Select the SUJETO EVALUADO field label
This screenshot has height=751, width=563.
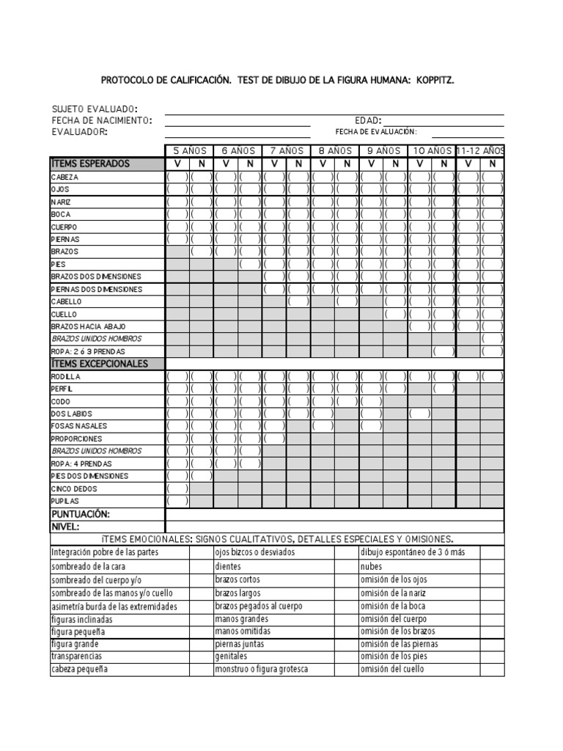[x=94, y=109]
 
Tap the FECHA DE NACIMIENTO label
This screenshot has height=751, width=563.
[x=102, y=120]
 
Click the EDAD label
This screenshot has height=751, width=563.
[x=368, y=120]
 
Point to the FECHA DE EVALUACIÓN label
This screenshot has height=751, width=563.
[x=376, y=132]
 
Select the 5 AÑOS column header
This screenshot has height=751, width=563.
[x=189, y=150]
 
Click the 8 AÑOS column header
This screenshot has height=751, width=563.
[x=335, y=150]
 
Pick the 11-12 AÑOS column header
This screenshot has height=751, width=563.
[x=480, y=150]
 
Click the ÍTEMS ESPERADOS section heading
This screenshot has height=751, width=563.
[x=90, y=164]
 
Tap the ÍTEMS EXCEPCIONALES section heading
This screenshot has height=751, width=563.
[x=99, y=364]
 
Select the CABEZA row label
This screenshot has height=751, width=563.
[x=65, y=177]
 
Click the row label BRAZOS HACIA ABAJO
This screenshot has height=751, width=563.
[x=88, y=326]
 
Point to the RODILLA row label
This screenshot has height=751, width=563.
[x=67, y=377]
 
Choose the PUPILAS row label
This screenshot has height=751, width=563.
[x=65, y=501]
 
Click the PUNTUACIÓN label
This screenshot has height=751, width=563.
[x=80, y=514]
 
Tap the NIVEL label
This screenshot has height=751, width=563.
[x=65, y=527]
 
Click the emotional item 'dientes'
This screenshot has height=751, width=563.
[x=228, y=566]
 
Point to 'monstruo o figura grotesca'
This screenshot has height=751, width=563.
[x=261, y=670]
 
